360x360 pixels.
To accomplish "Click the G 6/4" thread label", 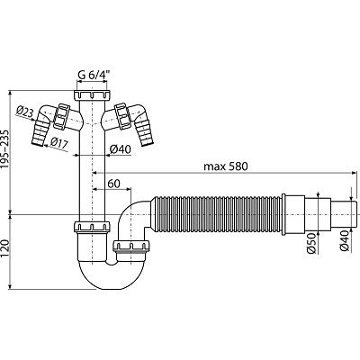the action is tap(93, 76).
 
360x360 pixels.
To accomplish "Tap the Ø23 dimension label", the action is tap(25, 112).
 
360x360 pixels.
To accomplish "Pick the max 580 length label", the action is tap(226, 166).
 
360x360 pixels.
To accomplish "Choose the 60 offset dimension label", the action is tap(113, 184).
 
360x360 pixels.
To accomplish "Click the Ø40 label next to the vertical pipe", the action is tap(120, 149).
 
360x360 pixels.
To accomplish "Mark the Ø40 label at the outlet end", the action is tap(345, 241).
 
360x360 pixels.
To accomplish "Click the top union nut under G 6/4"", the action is tap(92, 95).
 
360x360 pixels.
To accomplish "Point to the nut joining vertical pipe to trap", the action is tap(92, 227).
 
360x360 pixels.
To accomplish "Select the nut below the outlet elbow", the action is tap(131, 247).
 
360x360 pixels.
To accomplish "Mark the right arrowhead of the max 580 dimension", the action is tap(355, 173).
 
